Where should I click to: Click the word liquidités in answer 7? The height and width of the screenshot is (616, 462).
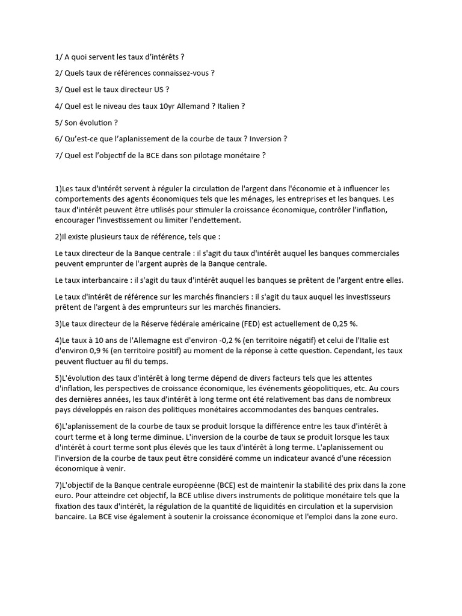point(259,507)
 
